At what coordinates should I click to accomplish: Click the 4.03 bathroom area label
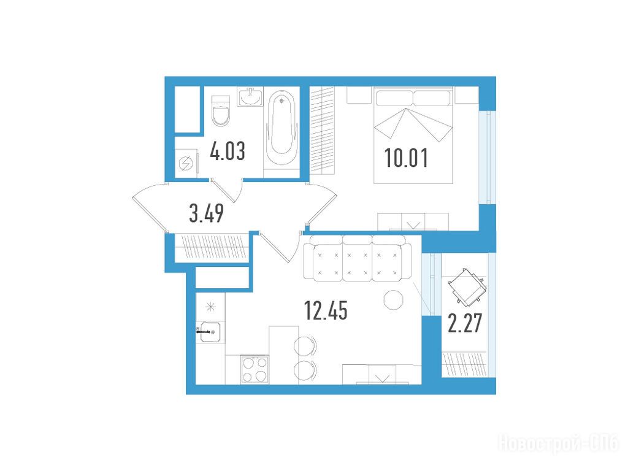(228, 152)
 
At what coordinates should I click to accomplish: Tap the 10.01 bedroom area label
(406, 158)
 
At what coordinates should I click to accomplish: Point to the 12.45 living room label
(326, 311)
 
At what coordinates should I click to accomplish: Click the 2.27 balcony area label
(465, 324)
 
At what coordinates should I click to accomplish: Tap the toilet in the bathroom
(221, 111)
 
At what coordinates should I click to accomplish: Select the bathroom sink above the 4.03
(250, 96)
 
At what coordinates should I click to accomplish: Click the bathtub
(281, 128)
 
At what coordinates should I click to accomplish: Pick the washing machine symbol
(186, 163)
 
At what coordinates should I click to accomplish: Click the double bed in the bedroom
(413, 136)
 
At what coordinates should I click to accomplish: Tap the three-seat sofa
(358, 258)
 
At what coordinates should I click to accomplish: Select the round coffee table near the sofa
(394, 299)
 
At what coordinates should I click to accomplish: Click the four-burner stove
(255, 369)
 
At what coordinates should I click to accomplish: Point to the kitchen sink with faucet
(210, 332)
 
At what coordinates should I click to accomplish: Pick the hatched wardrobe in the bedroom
(322, 130)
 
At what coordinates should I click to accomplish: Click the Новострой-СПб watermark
(558, 443)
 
